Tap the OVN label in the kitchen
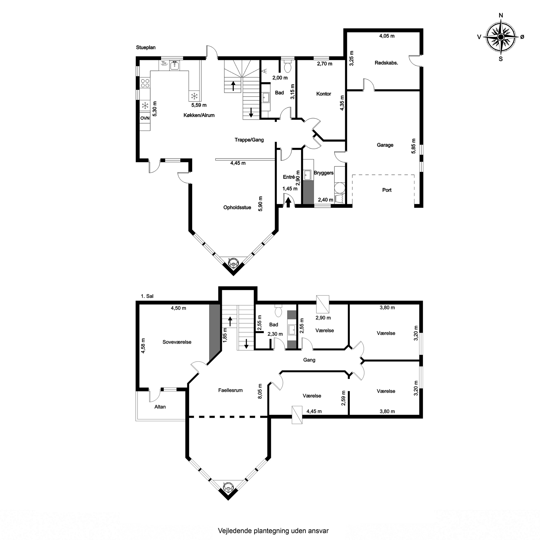[145, 118]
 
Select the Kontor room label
[324, 94]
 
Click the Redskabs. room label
[386, 63]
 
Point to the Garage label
[385, 145]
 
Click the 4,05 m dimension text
[387, 36]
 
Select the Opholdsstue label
[237, 207]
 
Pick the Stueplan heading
[146, 48]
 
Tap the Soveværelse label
[177, 342]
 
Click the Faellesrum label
[230, 390]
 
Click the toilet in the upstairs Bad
[278, 310]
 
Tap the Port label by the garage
[387, 190]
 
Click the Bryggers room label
[324, 173]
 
